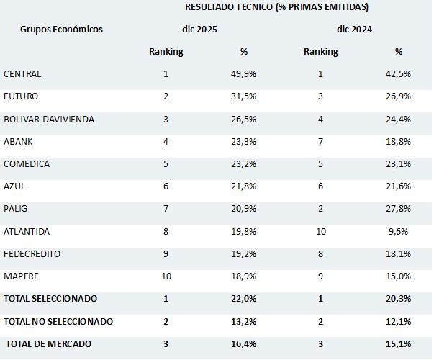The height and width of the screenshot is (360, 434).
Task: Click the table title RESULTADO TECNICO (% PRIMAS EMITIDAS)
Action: [x=276, y=7]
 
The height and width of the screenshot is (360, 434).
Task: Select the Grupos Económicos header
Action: [x=61, y=30]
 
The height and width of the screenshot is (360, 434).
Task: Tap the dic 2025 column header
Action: [x=199, y=30]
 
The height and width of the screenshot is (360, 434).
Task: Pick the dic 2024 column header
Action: [x=354, y=30]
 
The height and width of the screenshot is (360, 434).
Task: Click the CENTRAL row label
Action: [x=22, y=74]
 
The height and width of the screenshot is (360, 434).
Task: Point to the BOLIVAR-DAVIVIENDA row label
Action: [x=49, y=119]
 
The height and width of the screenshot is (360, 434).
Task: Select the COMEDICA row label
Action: [x=27, y=164]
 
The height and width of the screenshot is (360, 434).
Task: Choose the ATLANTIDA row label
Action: [x=27, y=232]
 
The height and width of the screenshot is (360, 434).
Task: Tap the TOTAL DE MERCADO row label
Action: [x=49, y=344]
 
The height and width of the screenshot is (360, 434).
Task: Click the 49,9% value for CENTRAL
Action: [x=244, y=74]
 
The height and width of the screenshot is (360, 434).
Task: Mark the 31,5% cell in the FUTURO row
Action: [x=244, y=96]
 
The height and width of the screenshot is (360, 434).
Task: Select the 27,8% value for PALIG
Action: [x=398, y=209]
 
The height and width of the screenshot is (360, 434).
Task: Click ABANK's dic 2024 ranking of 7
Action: [x=320, y=142]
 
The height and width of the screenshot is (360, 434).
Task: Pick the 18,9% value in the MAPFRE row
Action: [x=244, y=276]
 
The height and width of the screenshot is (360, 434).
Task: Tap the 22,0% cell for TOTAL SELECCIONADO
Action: [x=244, y=299]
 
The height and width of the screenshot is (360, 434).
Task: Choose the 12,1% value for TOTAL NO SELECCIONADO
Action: [x=398, y=321]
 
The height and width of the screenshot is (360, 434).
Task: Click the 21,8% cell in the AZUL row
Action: [x=244, y=186]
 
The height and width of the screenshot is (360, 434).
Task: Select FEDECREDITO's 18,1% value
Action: [x=398, y=254]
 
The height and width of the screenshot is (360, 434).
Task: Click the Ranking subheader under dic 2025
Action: [x=166, y=52]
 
